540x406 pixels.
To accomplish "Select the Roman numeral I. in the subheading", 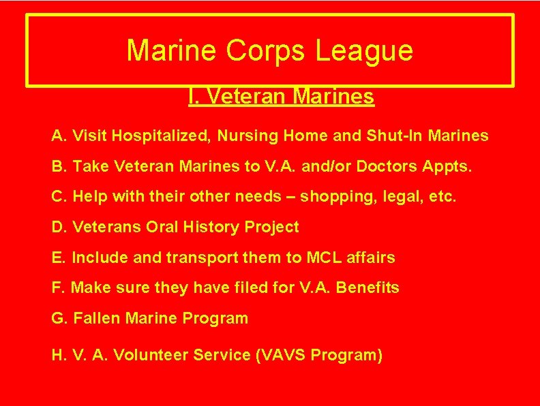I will (193, 97).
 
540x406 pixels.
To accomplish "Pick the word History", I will (215, 227).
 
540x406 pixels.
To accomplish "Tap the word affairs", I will (372, 257).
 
